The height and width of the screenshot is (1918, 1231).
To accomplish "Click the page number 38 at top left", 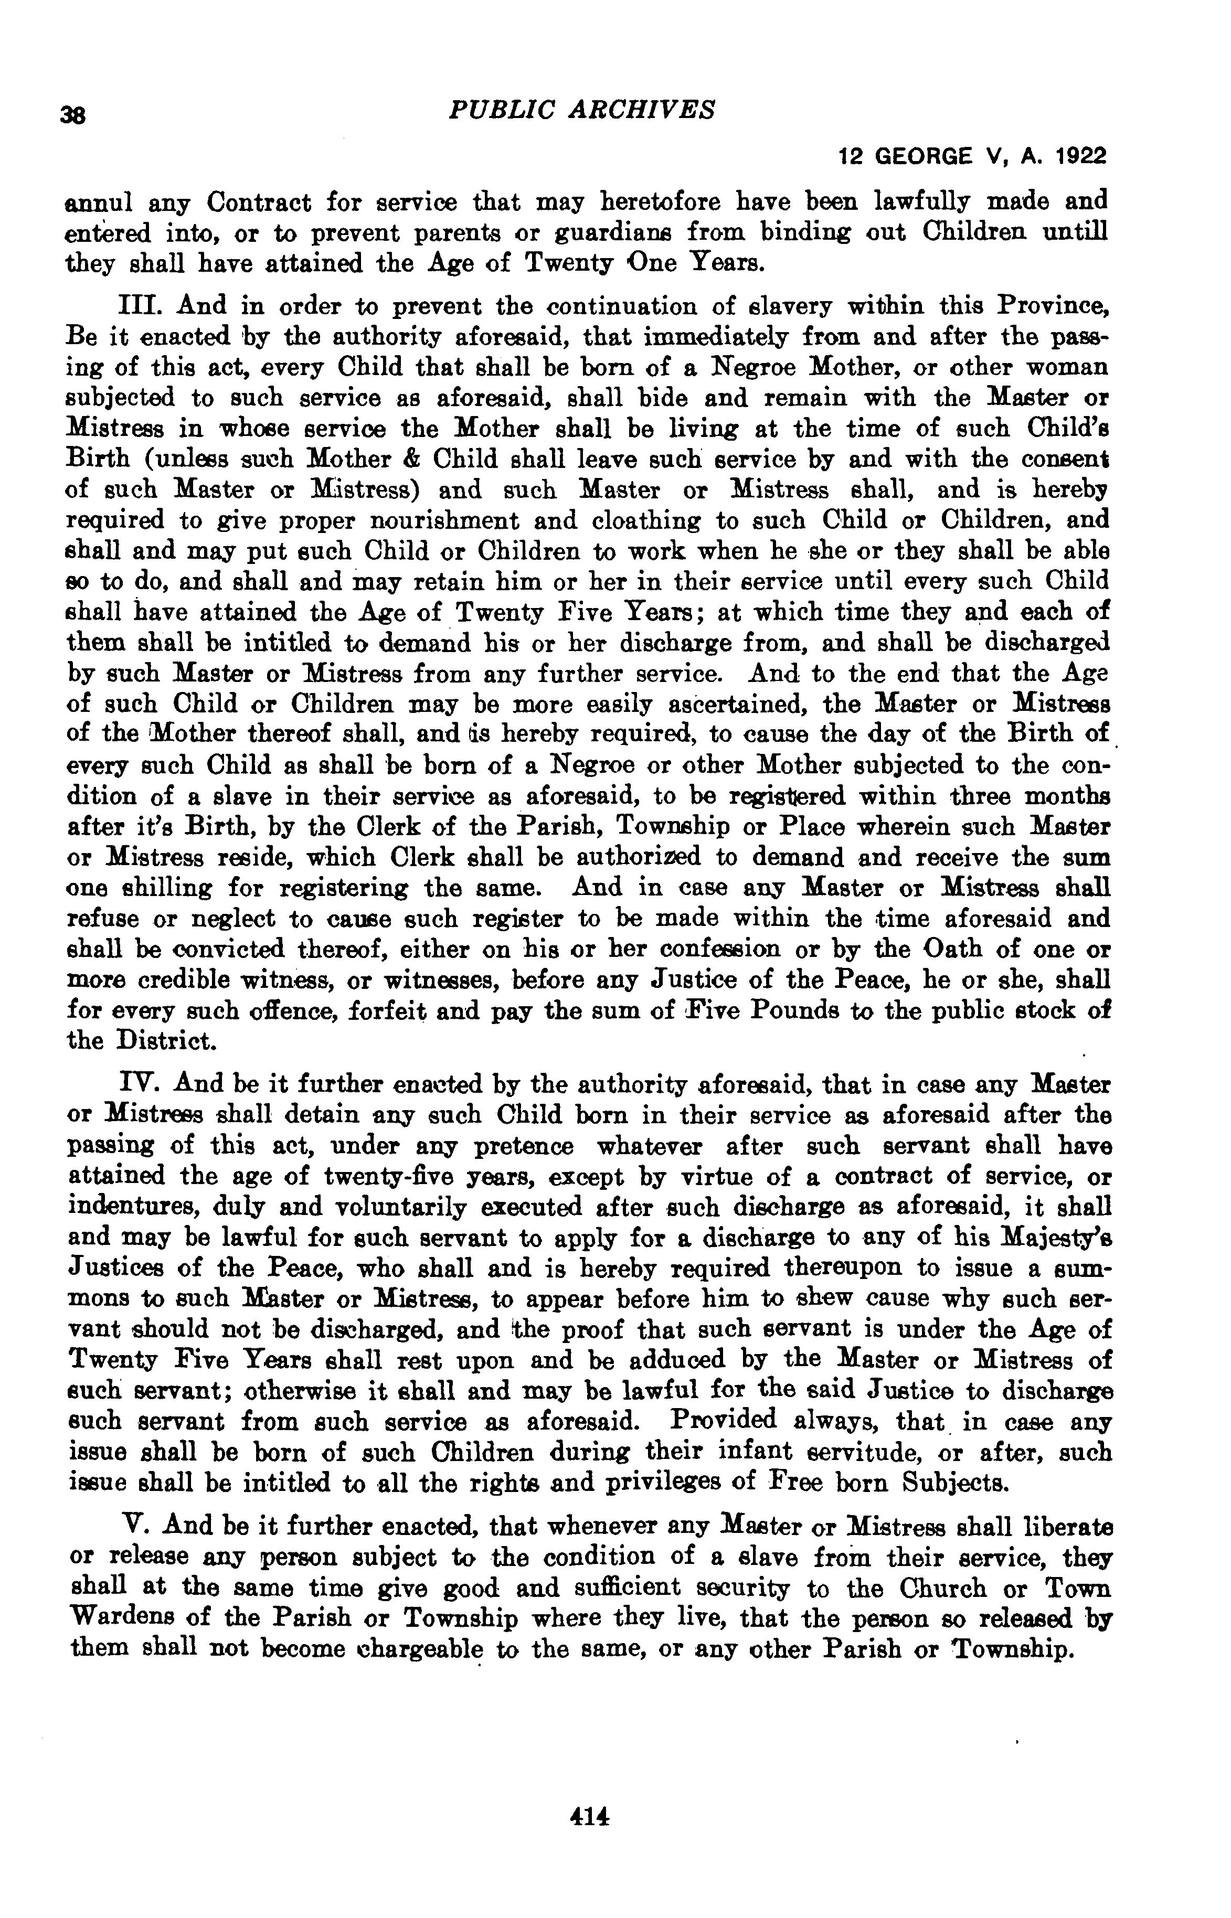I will [x=73, y=115].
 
